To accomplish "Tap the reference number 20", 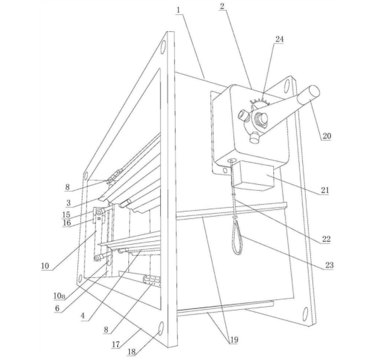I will point(326,136).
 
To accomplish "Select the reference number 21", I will point(326,190).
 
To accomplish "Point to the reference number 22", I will point(326,239).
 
